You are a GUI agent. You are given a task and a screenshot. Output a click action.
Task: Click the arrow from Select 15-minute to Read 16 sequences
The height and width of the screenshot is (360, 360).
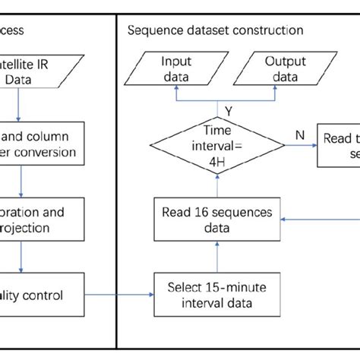coord(219,256)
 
